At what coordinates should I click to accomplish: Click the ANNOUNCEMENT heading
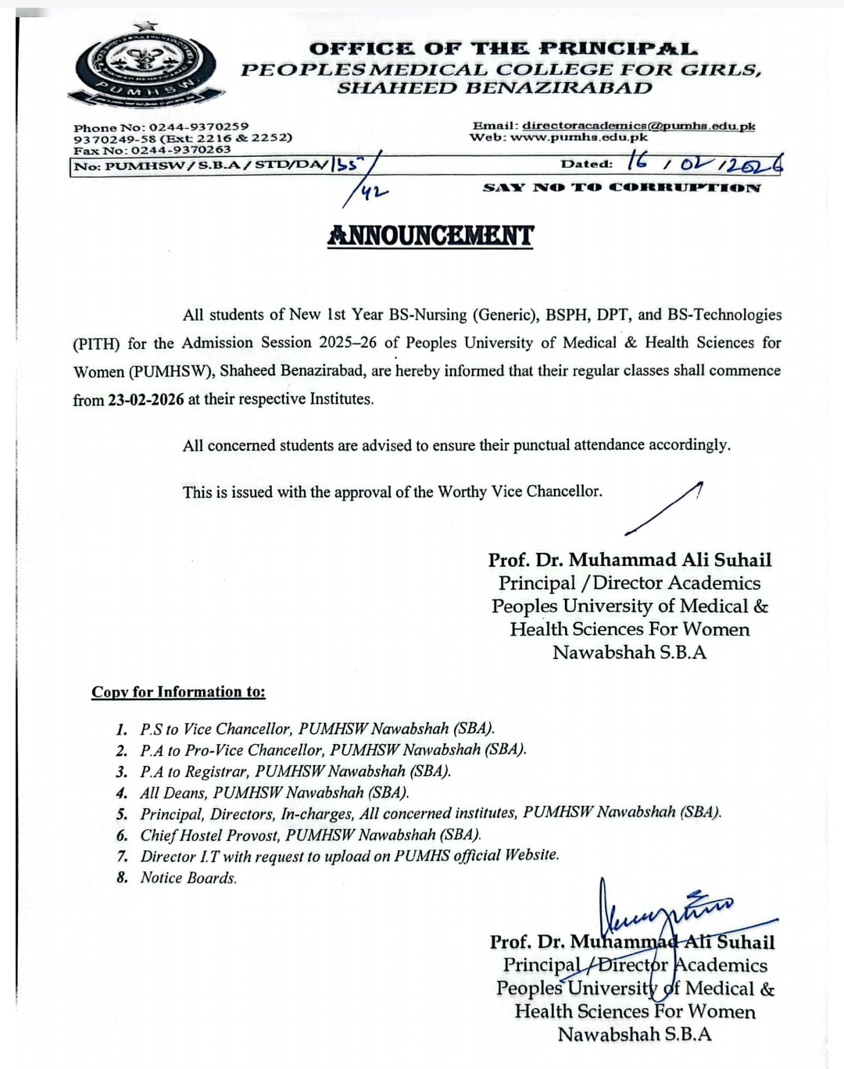click(430, 236)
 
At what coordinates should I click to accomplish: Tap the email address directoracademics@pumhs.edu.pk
click(638, 126)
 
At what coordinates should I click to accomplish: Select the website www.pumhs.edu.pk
click(579, 137)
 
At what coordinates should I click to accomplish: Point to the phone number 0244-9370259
click(198, 126)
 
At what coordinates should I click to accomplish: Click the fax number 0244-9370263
click(181, 150)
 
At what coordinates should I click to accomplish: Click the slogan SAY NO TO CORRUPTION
click(621, 187)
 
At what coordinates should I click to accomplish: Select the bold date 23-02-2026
click(146, 400)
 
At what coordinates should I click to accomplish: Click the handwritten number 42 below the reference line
click(374, 189)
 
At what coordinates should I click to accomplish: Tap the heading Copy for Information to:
click(178, 692)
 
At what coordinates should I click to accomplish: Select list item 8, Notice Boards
click(188, 878)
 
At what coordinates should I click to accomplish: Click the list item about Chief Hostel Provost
click(310, 835)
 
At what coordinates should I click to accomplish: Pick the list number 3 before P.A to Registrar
click(122, 771)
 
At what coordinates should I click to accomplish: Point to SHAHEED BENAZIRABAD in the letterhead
click(494, 87)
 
